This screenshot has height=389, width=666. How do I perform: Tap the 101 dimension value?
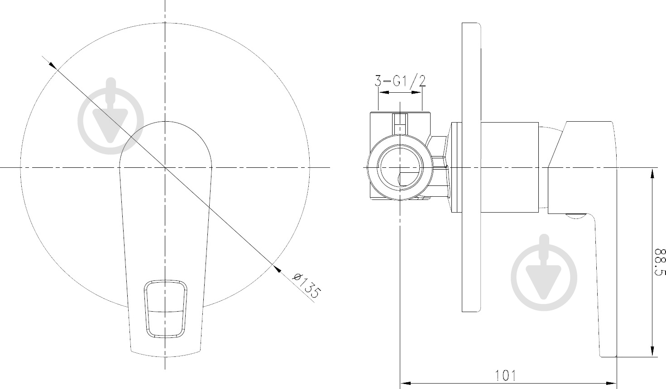click(x=505, y=375)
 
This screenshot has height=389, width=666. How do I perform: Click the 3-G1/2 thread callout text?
click(x=400, y=81)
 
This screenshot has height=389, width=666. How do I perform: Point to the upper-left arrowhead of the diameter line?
click(x=53, y=66)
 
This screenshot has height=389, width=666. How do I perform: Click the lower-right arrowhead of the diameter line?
click(x=277, y=269)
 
